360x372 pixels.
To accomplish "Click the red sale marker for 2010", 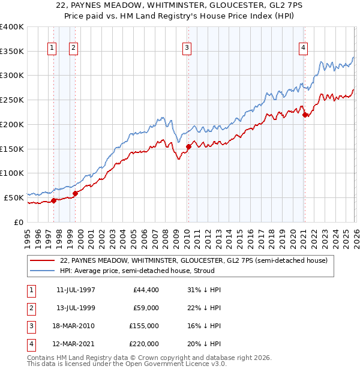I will pyautogui.click(x=188, y=146).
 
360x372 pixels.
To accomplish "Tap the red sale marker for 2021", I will pyautogui.click(x=305, y=115).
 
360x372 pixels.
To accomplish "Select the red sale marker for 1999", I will pyautogui.click(x=75, y=193).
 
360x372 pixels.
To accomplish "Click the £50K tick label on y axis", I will pyautogui.click(x=14, y=197).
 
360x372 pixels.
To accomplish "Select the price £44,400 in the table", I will pyautogui.click(x=145, y=289).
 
